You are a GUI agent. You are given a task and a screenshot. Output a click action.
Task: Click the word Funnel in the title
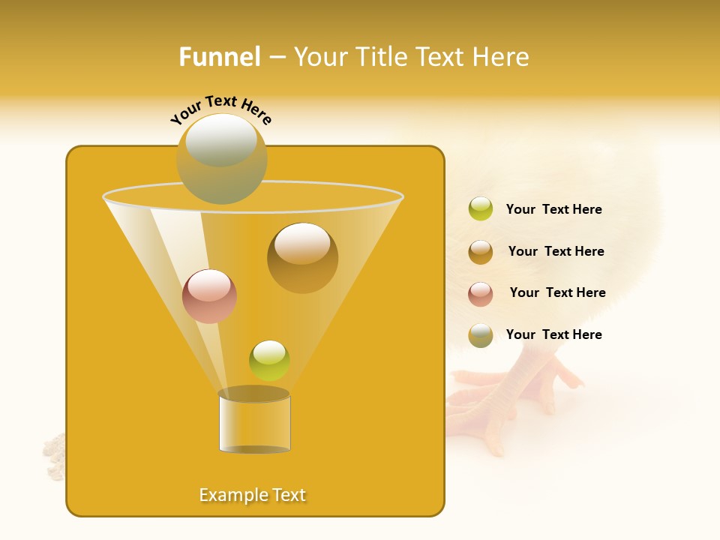point(219,57)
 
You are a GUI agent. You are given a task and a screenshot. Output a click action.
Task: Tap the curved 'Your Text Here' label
point(220,110)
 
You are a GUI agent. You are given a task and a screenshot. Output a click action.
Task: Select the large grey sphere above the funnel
point(221,158)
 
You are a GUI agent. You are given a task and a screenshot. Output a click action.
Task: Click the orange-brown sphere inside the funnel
point(302,258)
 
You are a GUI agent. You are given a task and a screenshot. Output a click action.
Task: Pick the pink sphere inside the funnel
point(209,296)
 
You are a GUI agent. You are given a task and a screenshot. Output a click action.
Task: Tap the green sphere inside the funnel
point(269,361)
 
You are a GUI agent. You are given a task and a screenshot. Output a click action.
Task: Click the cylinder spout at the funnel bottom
point(254,421)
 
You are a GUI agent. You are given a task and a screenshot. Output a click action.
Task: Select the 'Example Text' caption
point(253,495)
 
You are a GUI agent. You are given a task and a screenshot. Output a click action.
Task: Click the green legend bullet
point(481,209)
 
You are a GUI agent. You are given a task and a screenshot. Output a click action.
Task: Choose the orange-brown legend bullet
point(481,251)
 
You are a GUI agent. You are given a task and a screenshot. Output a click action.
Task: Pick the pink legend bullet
point(481,293)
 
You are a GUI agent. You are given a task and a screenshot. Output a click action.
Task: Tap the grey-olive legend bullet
point(481,335)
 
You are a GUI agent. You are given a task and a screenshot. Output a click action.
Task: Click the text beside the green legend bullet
point(553,210)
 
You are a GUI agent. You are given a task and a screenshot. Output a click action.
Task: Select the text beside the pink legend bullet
point(557,293)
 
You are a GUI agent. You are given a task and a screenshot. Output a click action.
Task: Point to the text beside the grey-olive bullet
point(553,334)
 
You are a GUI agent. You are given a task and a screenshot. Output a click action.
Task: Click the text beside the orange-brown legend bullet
point(556,252)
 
